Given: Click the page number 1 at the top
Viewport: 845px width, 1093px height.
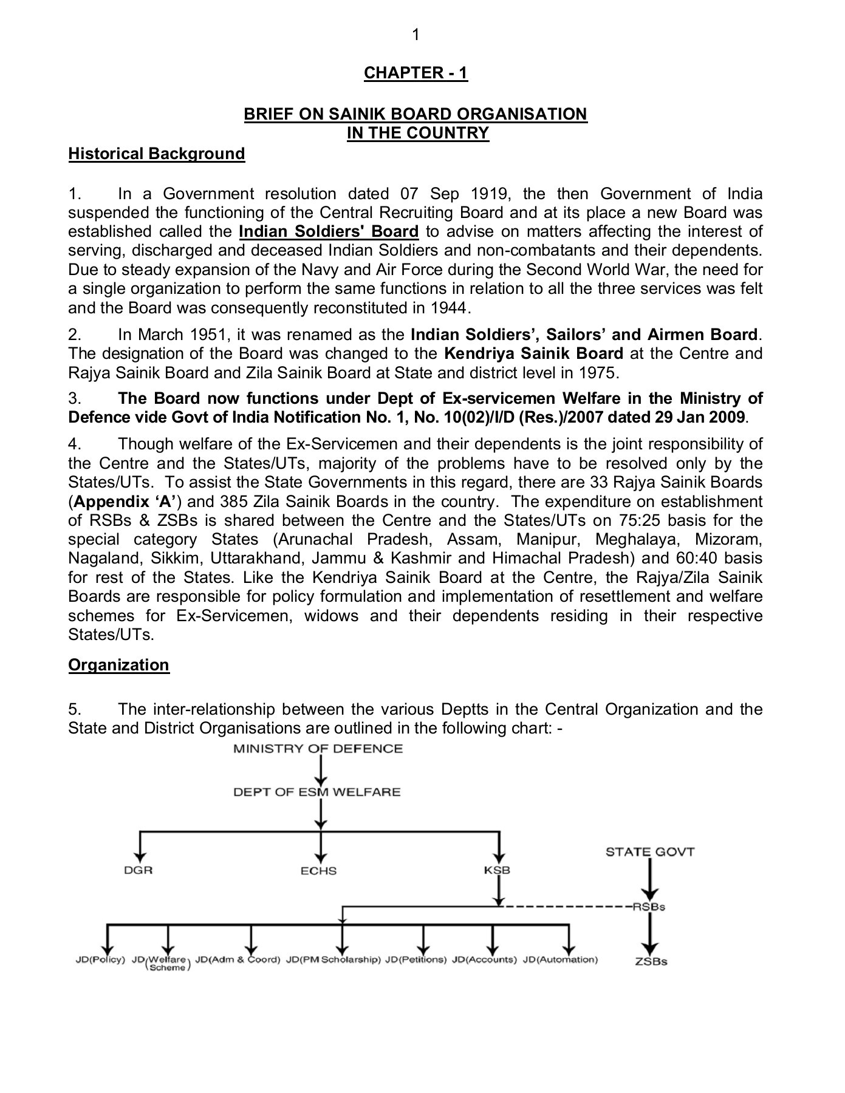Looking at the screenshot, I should (416, 35).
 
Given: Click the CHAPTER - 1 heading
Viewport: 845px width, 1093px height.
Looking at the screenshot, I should (416, 73).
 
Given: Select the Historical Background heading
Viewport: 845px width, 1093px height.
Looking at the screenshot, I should (156, 154).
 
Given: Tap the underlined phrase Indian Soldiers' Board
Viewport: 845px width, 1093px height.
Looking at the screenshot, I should (329, 232).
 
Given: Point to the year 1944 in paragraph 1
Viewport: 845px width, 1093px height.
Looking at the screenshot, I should (449, 308).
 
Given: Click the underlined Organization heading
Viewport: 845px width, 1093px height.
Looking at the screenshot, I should (118, 665).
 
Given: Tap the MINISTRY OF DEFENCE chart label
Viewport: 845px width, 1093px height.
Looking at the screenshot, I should (318, 749).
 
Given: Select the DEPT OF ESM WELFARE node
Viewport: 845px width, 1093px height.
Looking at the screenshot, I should (317, 792).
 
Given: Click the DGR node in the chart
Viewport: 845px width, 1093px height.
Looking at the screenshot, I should (139, 870).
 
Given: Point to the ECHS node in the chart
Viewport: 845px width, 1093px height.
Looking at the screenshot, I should (318, 871).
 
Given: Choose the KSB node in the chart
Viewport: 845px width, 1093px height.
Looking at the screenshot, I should (498, 870).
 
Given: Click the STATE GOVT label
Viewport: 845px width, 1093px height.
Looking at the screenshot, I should (649, 852).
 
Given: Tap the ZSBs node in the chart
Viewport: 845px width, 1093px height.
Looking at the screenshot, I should (651, 962).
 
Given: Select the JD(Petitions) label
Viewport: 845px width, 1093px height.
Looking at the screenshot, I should (416, 960).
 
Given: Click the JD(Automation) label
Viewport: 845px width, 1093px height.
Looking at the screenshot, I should (560, 960).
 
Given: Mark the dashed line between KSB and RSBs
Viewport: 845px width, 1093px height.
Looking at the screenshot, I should (565, 907).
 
